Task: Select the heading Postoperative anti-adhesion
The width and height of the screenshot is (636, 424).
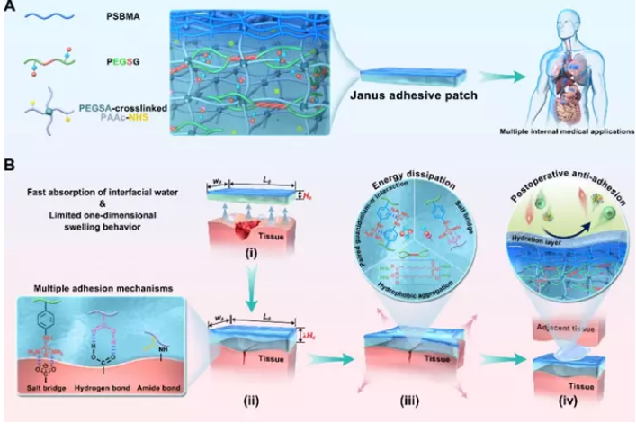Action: tap(554, 168)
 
